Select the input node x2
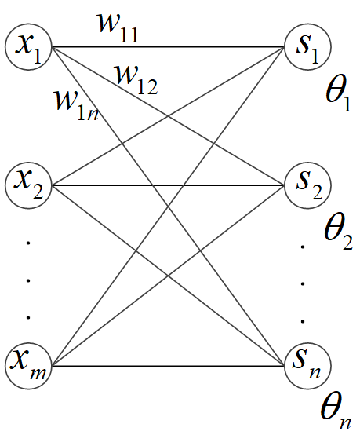29,185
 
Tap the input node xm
29,365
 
